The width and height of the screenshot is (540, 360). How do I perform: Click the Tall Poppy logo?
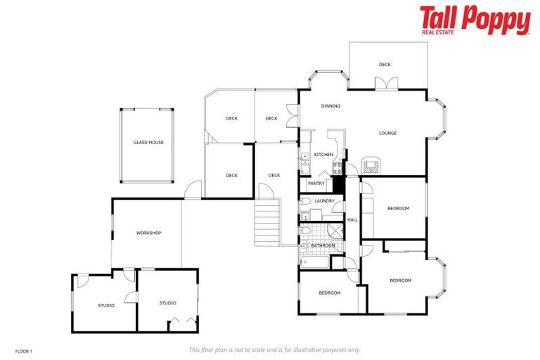475,20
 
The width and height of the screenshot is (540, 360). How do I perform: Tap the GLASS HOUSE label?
148,142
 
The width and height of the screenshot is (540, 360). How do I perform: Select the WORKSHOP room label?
148,233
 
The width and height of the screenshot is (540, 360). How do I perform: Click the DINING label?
330,106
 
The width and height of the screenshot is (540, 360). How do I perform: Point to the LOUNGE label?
387,133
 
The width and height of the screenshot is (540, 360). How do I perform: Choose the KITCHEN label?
323,155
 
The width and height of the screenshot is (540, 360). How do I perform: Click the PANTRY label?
316,184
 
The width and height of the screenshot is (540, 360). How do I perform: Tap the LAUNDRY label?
324,201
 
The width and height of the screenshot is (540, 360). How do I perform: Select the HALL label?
352,219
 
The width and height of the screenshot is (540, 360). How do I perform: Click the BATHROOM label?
323,245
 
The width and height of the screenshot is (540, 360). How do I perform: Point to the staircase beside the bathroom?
266,221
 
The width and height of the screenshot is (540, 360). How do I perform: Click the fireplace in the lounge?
370,165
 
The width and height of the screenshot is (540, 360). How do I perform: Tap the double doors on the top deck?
385,83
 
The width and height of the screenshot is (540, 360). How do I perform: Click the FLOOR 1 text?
23,350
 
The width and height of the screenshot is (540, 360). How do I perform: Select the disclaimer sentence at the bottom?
274,349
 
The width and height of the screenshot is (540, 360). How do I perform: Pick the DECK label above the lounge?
385,65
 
